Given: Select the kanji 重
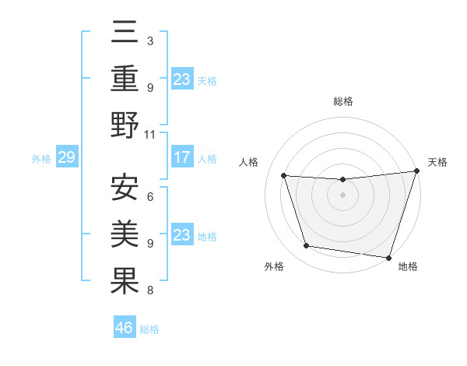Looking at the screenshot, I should click(x=125, y=80).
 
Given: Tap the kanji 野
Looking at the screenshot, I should click(x=125, y=125).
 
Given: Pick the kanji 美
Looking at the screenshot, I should click(x=125, y=235).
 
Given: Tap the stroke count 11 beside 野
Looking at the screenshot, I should click(x=150, y=134).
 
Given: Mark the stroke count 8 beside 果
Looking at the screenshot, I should click(x=150, y=290).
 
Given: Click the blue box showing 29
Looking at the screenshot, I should click(x=66, y=158).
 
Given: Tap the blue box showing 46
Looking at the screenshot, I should click(x=125, y=328).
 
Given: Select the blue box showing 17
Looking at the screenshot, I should click(x=182, y=157).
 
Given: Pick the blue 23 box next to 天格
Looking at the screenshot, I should click(x=182, y=79).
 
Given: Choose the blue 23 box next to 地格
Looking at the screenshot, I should click(x=182, y=235).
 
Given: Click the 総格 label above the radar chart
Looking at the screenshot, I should click(x=343, y=101).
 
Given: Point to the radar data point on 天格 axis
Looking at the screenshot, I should click(x=416, y=171).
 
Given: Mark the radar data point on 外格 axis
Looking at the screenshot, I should click(x=307, y=246).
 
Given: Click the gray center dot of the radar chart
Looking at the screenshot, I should click(x=342, y=195).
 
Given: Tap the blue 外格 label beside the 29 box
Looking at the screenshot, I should click(x=41, y=159).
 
